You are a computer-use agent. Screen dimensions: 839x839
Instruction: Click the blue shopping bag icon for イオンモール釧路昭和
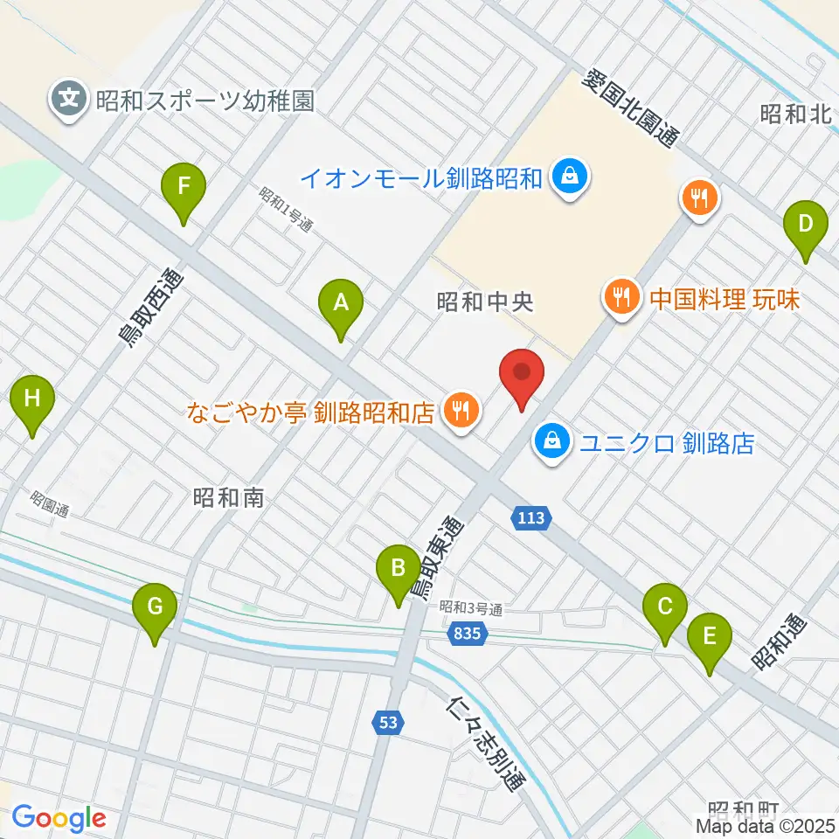click(571, 178)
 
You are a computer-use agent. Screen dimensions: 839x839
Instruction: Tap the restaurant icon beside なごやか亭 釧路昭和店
click(461, 409)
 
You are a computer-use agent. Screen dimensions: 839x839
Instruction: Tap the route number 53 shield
click(389, 722)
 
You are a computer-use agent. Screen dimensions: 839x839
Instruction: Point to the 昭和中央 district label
click(484, 302)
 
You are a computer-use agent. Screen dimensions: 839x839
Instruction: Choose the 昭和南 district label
click(227, 498)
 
